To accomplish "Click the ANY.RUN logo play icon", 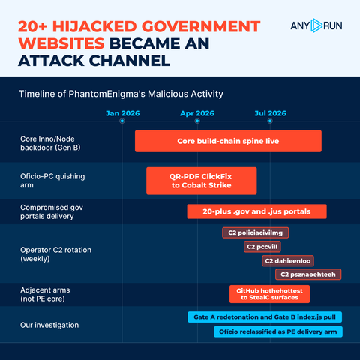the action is point(316,25).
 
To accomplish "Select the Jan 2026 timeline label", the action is point(122,113).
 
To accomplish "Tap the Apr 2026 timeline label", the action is point(197,113).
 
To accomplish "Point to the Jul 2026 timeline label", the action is point(270,113).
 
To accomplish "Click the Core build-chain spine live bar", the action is point(228,141).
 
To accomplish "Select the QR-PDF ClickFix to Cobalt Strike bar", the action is point(202,181).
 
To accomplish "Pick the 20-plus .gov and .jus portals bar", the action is point(256,211).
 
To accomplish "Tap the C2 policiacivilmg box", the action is point(255,232).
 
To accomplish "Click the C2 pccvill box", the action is point(262,247).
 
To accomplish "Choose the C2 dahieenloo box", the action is point(288,261).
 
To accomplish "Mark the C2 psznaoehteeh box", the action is point(308,274).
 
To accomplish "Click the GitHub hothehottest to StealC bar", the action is point(269,294).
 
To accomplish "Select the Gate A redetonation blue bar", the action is point(265,317).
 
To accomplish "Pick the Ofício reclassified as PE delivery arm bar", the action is point(278,331).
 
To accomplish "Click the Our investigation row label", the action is point(49,325).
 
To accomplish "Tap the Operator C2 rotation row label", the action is point(55,254).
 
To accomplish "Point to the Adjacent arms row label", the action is point(45,294).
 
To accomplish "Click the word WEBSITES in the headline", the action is point(61,43).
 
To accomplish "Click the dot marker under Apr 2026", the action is point(197,121).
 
